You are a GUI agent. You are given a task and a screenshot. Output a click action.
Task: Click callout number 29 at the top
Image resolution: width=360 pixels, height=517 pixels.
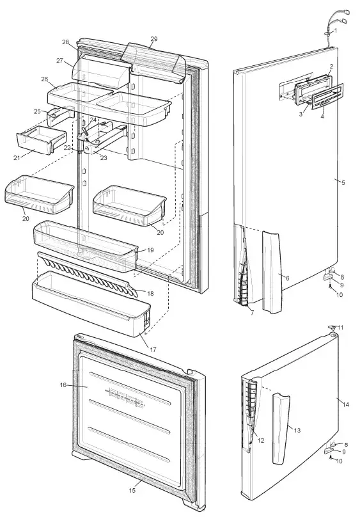[x=153, y=39]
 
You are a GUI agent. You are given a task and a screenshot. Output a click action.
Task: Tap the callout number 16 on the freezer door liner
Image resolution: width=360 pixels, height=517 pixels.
[x=63, y=385]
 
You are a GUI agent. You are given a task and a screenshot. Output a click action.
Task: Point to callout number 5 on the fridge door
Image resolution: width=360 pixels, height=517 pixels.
[x=343, y=183]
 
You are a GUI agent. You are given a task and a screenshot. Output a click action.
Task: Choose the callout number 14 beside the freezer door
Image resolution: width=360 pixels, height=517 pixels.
[x=345, y=404]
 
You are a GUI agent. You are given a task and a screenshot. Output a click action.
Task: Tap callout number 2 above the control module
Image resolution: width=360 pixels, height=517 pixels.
[x=331, y=66]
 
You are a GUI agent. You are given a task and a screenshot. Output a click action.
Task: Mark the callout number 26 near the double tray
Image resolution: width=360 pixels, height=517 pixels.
[x=45, y=79]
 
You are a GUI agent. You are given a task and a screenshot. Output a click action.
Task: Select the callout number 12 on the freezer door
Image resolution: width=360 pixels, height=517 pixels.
[x=260, y=440]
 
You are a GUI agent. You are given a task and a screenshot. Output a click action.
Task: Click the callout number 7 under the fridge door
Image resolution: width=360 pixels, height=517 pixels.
[x=251, y=312]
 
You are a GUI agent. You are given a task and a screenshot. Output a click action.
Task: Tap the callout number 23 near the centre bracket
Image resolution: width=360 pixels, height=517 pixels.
[x=104, y=157]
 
